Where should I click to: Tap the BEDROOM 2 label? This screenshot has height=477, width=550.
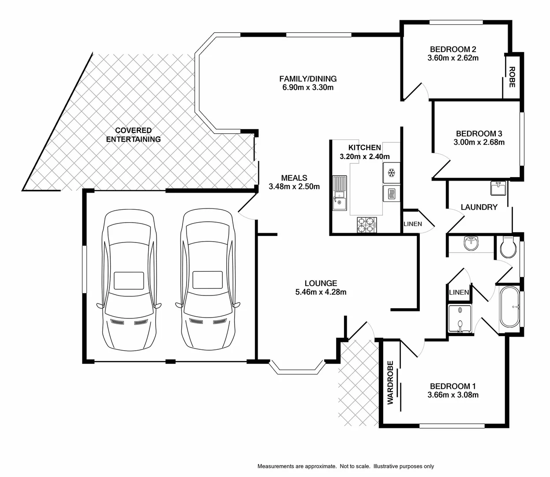pos(453,49)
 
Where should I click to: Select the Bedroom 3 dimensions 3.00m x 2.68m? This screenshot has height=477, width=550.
pos(479,142)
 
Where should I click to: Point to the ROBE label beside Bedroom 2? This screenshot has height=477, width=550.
pos(512,77)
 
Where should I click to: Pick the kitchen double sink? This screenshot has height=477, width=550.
pos(340,193)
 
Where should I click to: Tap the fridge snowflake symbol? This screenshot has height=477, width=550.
pos(391,173)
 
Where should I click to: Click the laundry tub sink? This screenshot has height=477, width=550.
pos(499,188)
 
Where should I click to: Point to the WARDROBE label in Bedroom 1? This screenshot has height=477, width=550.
pos(390,382)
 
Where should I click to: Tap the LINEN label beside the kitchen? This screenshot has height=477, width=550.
pos(412,224)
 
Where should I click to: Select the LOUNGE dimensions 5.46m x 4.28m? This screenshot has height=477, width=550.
pos(321,292)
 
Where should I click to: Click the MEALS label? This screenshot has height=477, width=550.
pos(294,178)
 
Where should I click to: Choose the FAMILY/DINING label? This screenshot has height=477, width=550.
pos(308,79)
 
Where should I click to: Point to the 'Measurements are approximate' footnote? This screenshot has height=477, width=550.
pos(345,466)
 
